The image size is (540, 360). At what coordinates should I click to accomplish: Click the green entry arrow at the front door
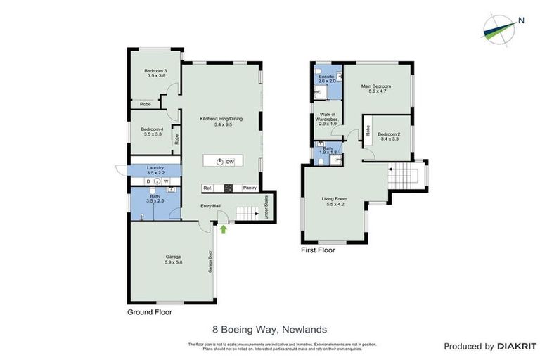click(224, 229)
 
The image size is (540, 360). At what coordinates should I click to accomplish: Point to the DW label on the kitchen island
click(230, 161)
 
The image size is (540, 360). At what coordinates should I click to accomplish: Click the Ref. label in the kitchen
click(207, 188)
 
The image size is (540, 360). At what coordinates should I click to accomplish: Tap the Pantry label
click(249, 188)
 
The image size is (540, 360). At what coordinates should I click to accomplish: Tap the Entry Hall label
click(211, 206)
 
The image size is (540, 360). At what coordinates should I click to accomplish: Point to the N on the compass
click(521, 20)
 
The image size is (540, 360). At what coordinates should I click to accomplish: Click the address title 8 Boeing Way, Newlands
click(269, 328)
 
